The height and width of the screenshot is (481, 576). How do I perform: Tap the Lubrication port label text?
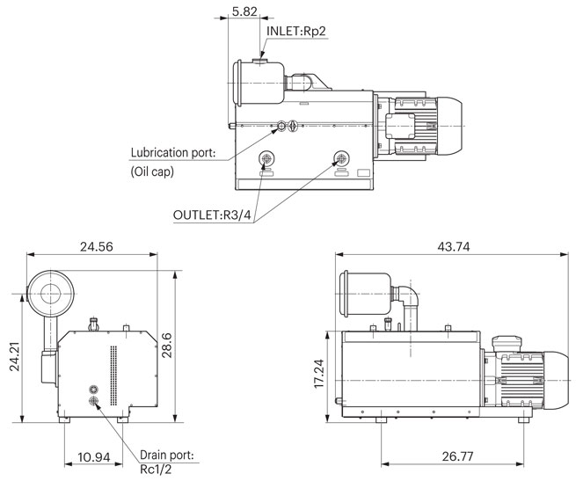coord(173,152)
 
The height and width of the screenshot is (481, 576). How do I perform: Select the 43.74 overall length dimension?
coord(451,247)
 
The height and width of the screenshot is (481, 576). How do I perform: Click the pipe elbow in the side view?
coord(405,297)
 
